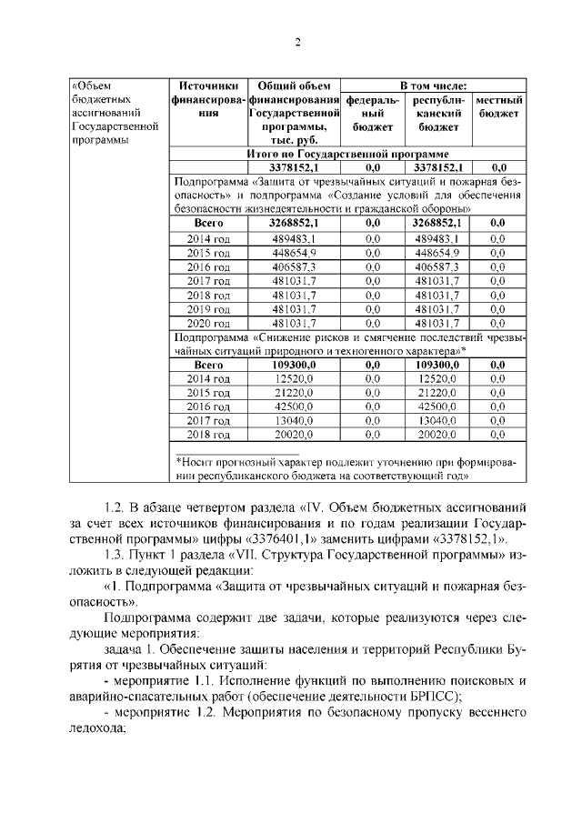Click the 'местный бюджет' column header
499,106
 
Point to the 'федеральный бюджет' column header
372,114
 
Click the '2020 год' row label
208,323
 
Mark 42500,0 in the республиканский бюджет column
437,406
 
